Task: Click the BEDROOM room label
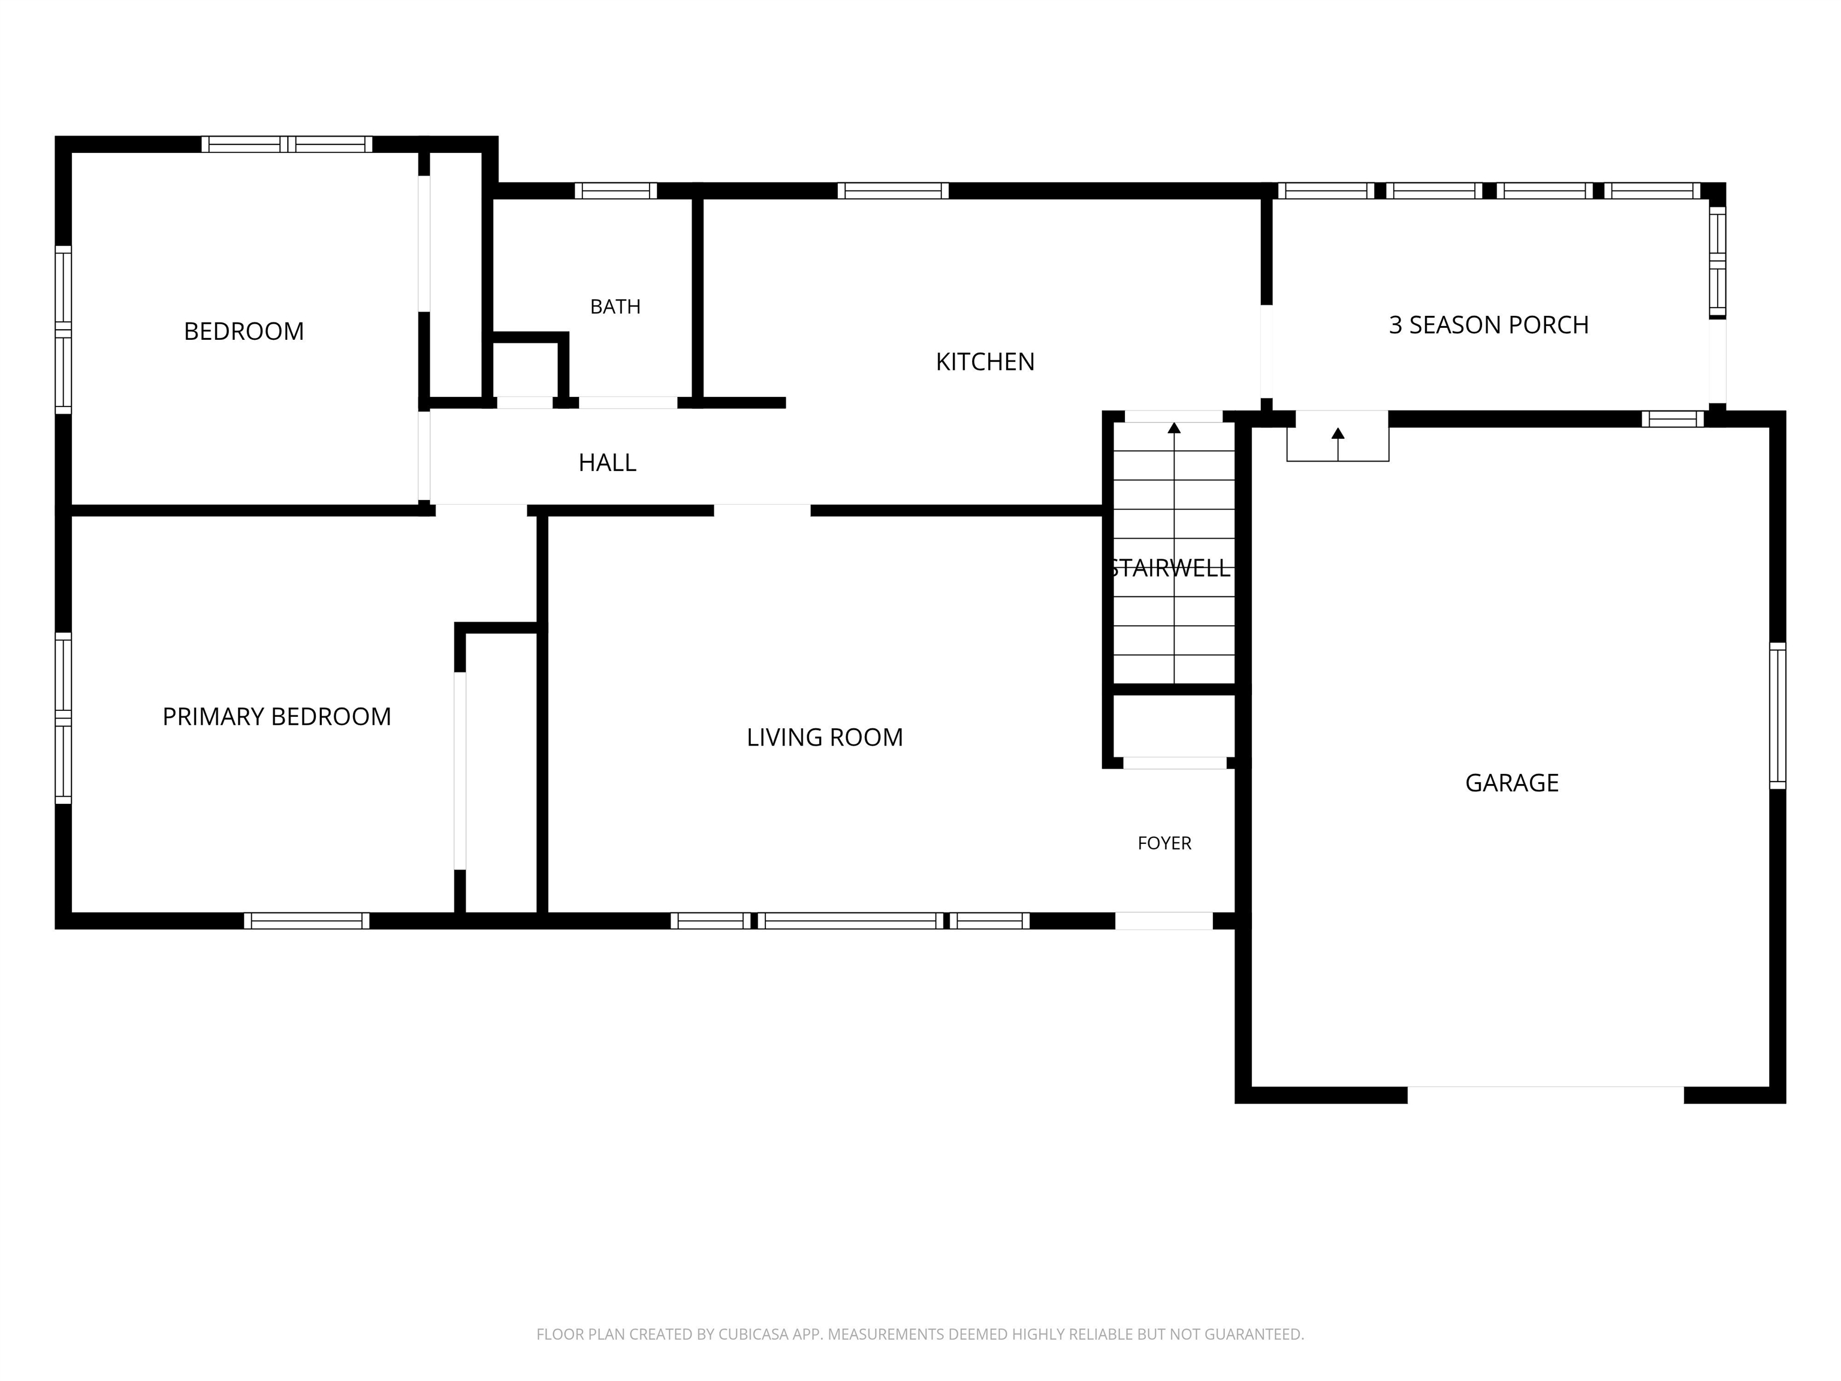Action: [x=244, y=331]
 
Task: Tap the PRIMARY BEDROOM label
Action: [x=276, y=717]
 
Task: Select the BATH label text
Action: [x=615, y=307]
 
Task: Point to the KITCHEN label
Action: [x=985, y=361]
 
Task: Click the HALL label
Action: [x=608, y=463]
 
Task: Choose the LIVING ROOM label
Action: [x=825, y=737]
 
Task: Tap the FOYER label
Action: [x=1164, y=843]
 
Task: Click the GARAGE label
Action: [x=1511, y=782]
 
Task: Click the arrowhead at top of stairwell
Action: [x=1175, y=428]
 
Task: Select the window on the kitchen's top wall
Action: [x=893, y=191]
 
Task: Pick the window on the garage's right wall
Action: [x=1777, y=716]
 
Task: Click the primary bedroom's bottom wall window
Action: [x=306, y=921]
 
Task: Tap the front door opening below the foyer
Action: [x=1164, y=921]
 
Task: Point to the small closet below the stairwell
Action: [x=1175, y=726]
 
